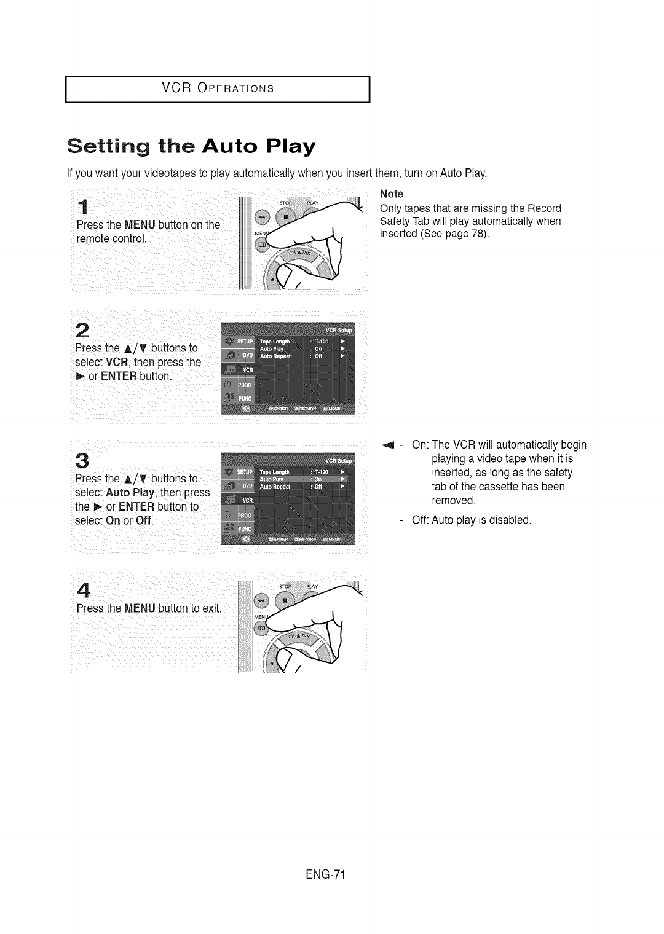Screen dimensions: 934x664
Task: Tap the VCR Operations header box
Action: [x=217, y=88]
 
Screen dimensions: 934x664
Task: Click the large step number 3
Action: [x=84, y=460]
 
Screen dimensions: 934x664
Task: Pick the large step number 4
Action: [x=85, y=589]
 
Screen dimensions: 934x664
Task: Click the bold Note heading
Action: [x=392, y=194]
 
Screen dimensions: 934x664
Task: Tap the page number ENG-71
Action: [x=325, y=874]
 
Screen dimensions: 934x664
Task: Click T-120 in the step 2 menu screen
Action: [x=323, y=342]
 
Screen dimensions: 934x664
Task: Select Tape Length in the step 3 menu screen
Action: [x=275, y=472]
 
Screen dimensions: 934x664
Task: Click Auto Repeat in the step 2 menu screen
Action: [x=274, y=356]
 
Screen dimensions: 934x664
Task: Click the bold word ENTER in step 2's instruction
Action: [x=119, y=376]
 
